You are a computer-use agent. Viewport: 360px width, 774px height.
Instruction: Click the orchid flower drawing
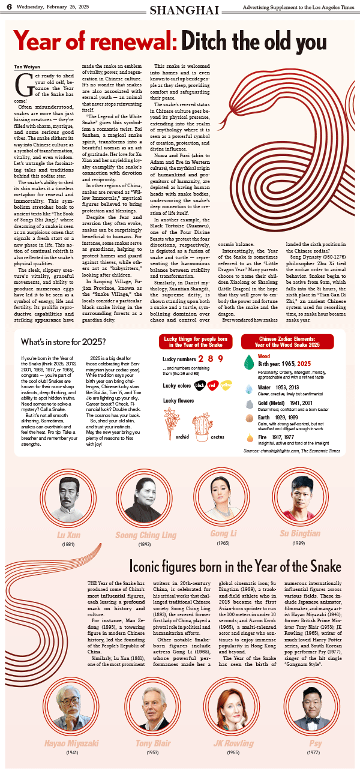tap(172, 418)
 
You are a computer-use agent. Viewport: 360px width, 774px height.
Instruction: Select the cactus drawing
tap(218, 418)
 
